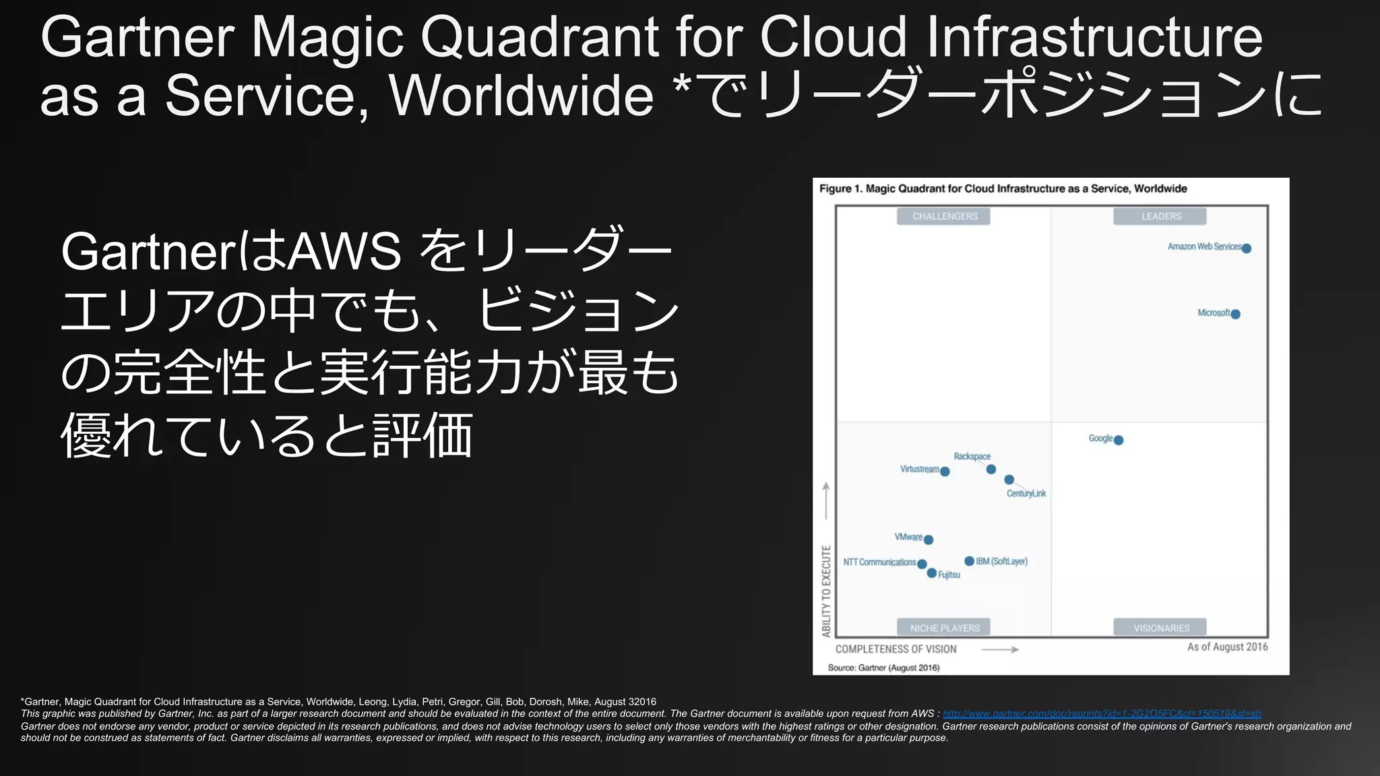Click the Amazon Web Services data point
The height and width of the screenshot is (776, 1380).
pyautogui.click(x=1246, y=249)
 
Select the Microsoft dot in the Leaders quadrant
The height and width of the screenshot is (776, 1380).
pyautogui.click(x=1235, y=314)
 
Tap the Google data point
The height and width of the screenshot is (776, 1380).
pyautogui.click(x=1119, y=441)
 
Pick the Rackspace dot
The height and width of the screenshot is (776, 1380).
pyautogui.click(x=991, y=470)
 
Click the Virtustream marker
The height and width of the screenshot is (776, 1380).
pyautogui.click(x=945, y=472)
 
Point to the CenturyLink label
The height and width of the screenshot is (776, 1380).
pyautogui.click(x=1026, y=494)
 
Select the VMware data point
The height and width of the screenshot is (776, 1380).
pyautogui.click(x=929, y=540)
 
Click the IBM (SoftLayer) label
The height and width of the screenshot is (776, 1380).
pyautogui.click(x=1002, y=561)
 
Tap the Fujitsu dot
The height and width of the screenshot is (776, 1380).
pyautogui.click(x=931, y=573)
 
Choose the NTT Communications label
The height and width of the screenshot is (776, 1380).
pyautogui.click(x=879, y=562)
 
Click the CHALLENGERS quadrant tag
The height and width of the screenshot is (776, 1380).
pyautogui.click(x=944, y=216)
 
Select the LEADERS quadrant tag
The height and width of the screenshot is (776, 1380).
pyautogui.click(x=1160, y=216)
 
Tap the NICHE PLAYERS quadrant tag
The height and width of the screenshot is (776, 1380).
pyautogui.click(x=944, y=628)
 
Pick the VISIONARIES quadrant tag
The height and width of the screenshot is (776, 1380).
pyautogui.click(x=1160, y=628)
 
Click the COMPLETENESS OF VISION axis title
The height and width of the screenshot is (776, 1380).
pyautogui.click(x=896, y=649)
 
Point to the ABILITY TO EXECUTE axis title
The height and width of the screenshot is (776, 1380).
pyautogui.click(x=826, y=591)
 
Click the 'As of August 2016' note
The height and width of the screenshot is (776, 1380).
pyautogui.click(x=1227, y=647)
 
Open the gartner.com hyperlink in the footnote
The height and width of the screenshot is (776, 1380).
pyautogui.click(x=1101, y=713)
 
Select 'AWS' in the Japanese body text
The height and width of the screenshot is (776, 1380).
pyautogui.click(x=344, y=251)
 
